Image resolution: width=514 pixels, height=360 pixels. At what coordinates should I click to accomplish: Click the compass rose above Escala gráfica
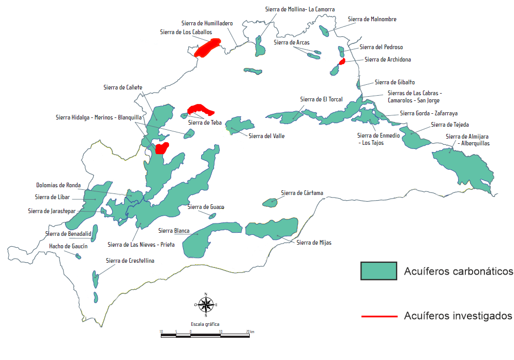pos(206,305)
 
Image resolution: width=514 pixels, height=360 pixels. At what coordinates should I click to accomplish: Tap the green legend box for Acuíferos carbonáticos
pos(379,271)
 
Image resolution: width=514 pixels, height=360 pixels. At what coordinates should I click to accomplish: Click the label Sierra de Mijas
pos(314,242)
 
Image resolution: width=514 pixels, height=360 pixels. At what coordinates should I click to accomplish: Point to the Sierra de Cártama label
pos(302,193)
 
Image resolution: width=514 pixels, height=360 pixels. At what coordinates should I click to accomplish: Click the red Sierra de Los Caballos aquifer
pos(207,47)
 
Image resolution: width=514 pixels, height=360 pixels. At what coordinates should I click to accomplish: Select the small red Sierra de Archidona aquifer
pos(342,62)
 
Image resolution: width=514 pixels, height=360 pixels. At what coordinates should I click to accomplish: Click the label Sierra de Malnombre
pos(372,19)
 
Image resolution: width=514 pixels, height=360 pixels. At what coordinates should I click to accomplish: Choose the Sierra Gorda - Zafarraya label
pos(429,113)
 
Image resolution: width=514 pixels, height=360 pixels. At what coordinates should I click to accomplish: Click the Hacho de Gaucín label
pos(68,246)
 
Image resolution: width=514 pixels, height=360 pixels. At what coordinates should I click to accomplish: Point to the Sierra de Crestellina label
pos(130,261)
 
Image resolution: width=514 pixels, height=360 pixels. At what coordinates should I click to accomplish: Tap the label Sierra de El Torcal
pos(321,99)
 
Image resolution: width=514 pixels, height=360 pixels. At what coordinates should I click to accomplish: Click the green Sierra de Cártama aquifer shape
pos(270,202)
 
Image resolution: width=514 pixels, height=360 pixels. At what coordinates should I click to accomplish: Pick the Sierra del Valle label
pos(266,136)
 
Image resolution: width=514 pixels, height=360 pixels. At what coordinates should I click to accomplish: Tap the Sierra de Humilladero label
pos(207,23)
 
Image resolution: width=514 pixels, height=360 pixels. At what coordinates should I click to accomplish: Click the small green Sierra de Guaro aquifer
pos(212,216)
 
